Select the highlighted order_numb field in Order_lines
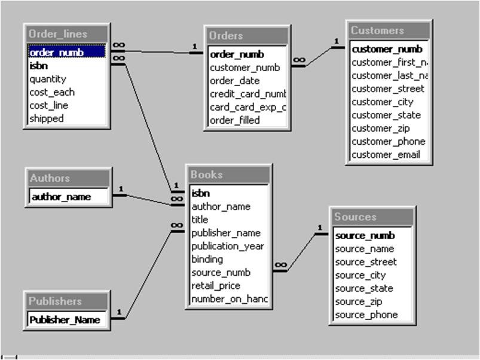(x=56, y=53)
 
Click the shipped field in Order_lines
(x=46, y=118)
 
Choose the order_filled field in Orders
(x=234, y=120)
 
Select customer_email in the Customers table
(x=386, y=155)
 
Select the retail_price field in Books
(x=216, y=285)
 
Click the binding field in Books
(x=207, y=259)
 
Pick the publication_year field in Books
(x=227, y=246)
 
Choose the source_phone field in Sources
(x=366, y=315)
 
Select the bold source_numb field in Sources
(x=365, y=236)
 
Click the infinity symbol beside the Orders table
(x=299, y=60)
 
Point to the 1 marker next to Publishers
(x=119, y=312)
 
